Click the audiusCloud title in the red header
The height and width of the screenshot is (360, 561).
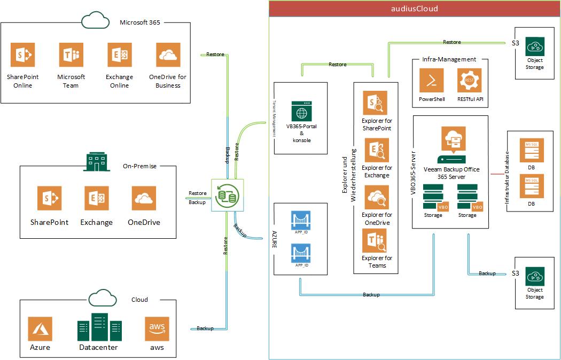point(415,9)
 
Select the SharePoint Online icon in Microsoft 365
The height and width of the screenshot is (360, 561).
point(22,55)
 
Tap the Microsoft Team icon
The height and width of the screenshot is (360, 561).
point(71,55)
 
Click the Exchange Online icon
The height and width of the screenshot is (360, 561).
point(119,55)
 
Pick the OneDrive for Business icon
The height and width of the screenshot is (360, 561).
point(168,55)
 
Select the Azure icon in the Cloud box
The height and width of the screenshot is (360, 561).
point(40,328)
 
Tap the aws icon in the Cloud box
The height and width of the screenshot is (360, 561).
point(157,328)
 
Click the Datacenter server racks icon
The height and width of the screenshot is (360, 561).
point(99,327)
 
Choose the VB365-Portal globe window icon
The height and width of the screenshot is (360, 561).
point(301,111)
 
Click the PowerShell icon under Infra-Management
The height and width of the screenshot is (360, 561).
point(432,81)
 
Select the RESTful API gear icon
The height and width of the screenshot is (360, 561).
point(469,81)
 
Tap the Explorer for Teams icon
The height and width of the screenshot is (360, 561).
point(377,241)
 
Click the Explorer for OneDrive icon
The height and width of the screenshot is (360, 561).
point(377,198)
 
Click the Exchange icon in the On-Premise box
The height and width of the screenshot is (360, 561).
point(97,198)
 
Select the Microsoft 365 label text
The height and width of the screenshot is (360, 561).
point(139,22)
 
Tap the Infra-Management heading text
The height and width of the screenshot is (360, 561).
point(449,59)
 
